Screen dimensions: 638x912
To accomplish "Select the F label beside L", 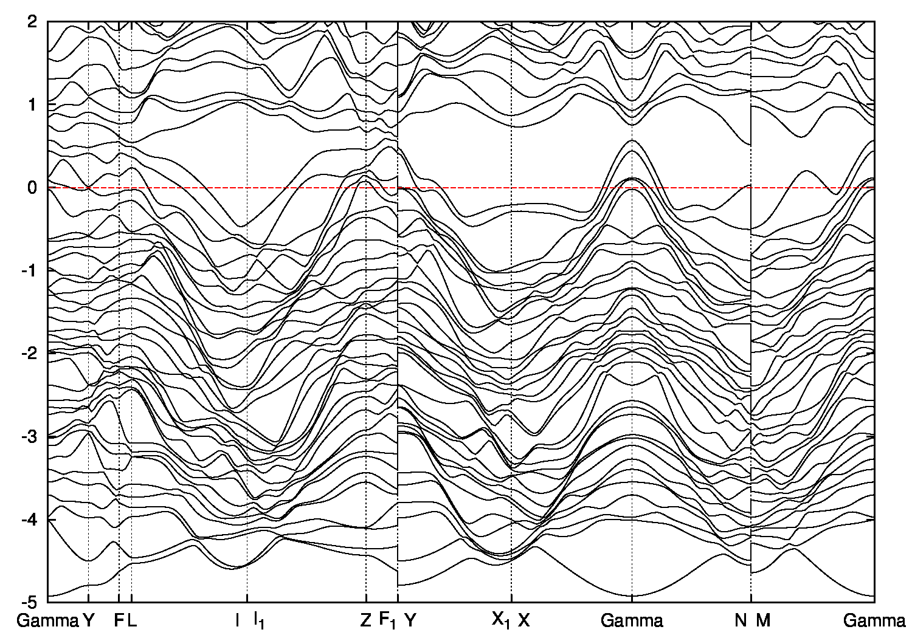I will pyautogui.click(x=119, y=620).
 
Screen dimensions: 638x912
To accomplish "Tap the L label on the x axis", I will pyautogui.click(x=132, y=620).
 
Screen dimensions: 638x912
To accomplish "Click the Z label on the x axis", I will pyautogui.click(x=365, y=620).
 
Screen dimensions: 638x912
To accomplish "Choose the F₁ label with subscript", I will pyautogui.click(x=387, y=621).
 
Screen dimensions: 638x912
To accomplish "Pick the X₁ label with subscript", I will pyautogui.click(x=501, y=621).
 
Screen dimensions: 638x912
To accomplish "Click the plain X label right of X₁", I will pyautogui.click(x=524, y=620).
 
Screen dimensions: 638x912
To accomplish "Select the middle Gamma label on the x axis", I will pyautogui.click(x=632, y=620).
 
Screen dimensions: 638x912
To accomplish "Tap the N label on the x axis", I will pyautogui.click(x=741, y=620).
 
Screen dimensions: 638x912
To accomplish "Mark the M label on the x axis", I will pyautogui.click(x=763, y=620).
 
